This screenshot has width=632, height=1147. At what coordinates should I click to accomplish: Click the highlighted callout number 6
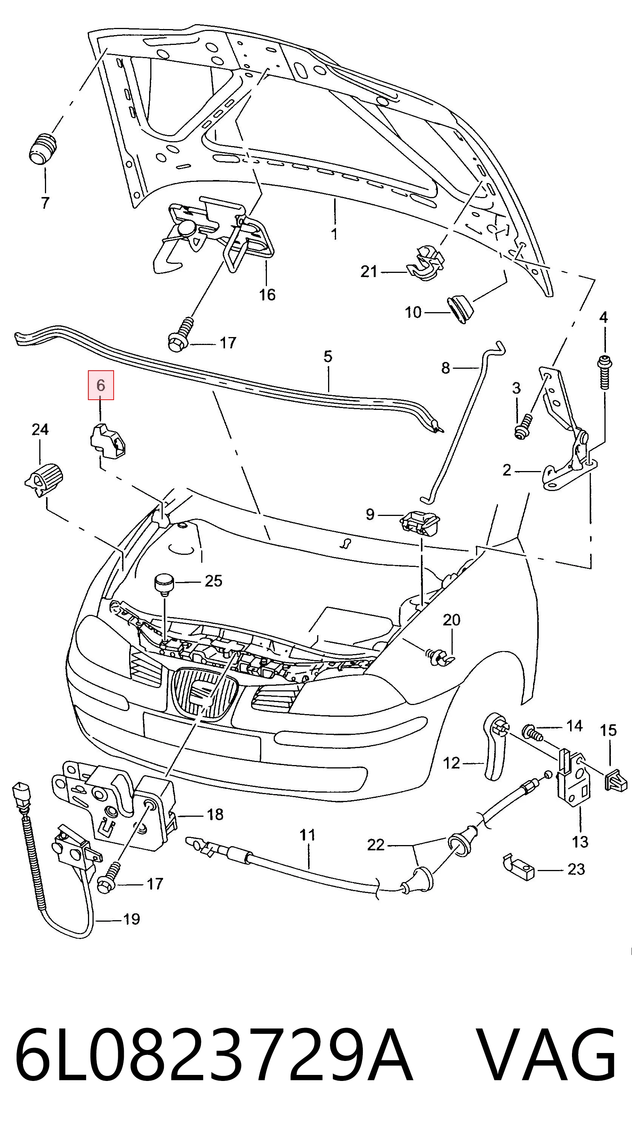click(101, 385)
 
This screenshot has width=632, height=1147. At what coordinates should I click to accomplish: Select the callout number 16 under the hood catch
click(267, 294)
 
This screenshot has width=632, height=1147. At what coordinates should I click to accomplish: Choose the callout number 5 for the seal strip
click(328, 356)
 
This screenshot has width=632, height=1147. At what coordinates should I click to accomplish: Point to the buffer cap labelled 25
click(163, 585)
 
